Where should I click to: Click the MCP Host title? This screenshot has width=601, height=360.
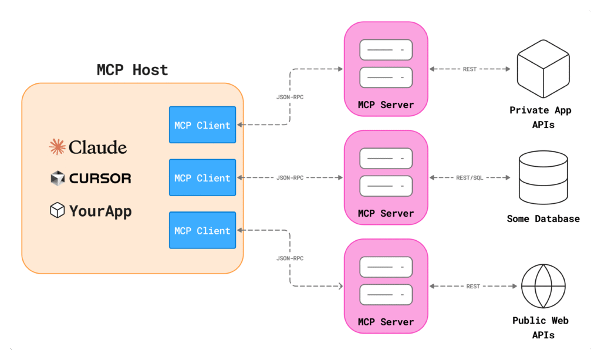coord(132,70)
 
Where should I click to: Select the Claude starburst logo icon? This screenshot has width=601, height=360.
coord(57,147)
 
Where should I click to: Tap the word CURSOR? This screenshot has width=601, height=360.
coord(100,179)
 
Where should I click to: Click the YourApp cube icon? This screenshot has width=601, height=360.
coord(57,210)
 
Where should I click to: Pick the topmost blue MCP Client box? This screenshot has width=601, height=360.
coord(202,125)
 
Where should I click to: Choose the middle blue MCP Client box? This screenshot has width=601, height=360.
coord(202,177)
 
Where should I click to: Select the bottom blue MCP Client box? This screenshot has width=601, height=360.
coord(202,230)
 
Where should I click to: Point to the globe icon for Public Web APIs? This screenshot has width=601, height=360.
coord(543,286)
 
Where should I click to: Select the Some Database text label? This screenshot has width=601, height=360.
coord(543,218)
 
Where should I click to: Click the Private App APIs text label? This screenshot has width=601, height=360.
coord(541,117)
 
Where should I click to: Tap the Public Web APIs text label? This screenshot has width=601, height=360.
coord(541,328)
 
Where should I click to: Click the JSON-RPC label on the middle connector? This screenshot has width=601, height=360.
coord(290,177)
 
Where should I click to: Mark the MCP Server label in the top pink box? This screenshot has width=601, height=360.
coord(386,105)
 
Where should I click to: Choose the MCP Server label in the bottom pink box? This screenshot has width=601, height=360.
coord(386,322)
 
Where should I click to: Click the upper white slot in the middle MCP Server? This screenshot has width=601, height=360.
coord(386,158)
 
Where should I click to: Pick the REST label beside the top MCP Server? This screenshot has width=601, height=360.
coord(470,69)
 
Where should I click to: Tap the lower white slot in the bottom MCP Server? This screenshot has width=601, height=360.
coord(386,294)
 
